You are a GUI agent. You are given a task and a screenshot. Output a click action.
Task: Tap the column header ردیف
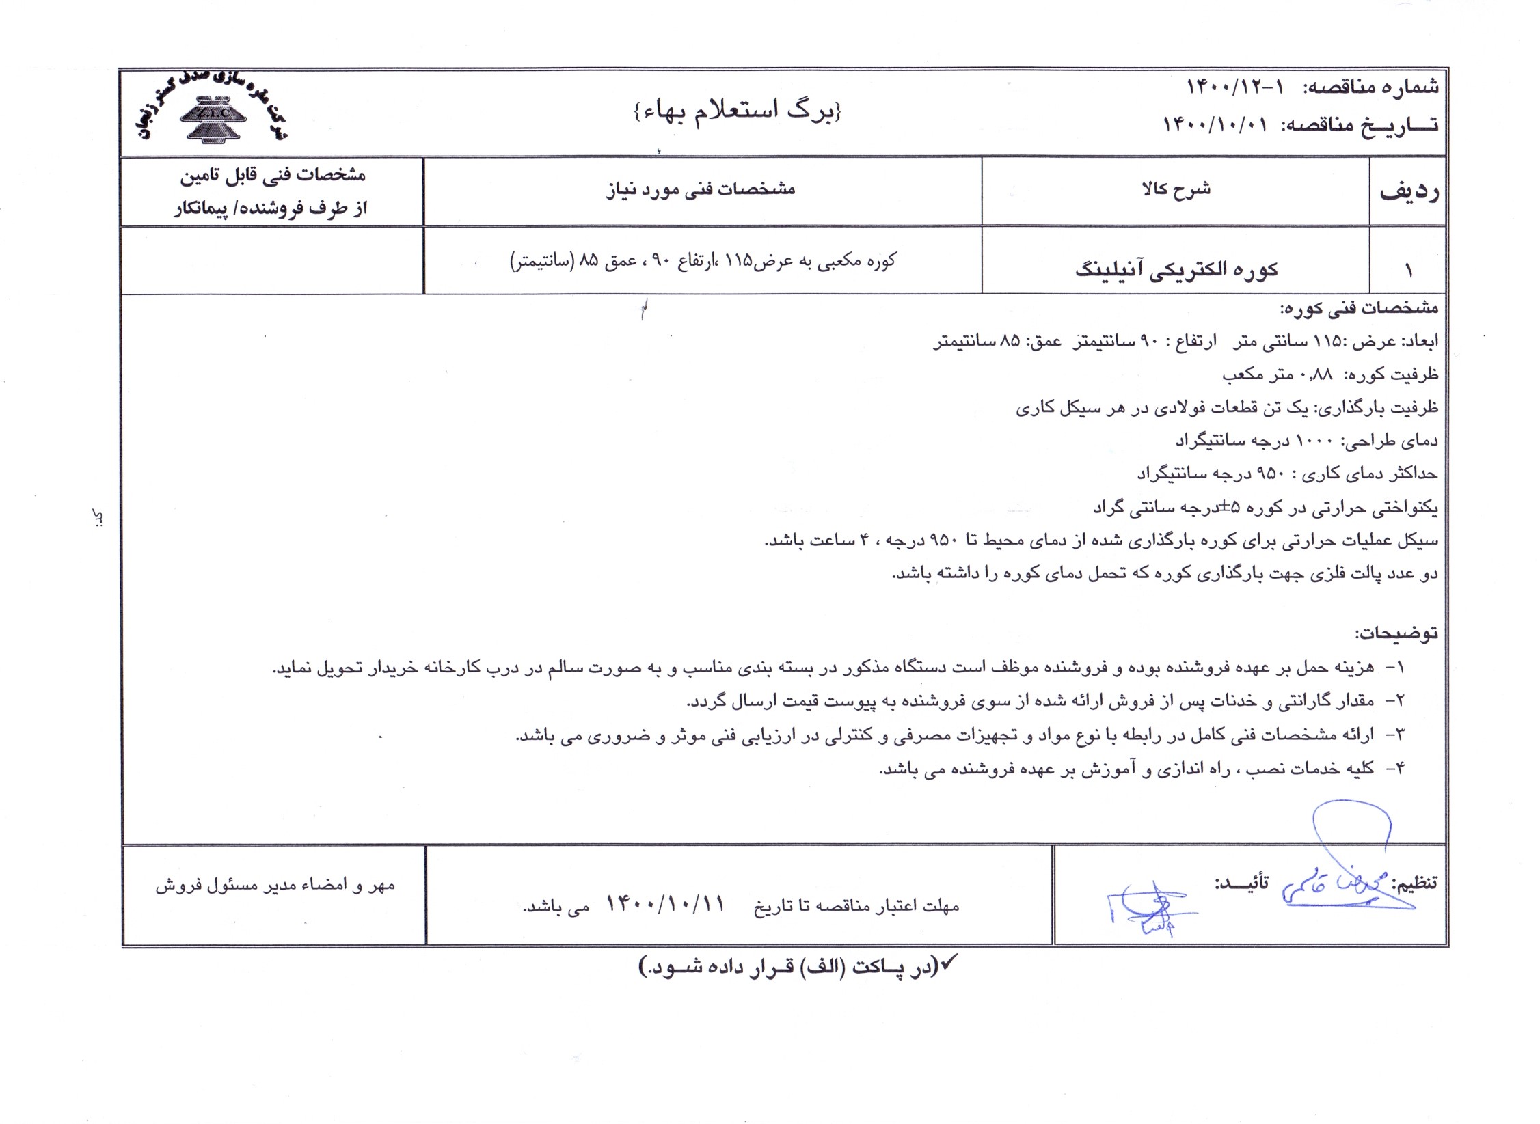pyautogui.click(x=1408, y=191)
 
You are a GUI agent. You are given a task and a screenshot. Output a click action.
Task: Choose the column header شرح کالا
pyautogui.click(x=1176, y=189)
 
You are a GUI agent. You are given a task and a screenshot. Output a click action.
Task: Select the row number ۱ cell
pyautogui.click(x=1408, y=271)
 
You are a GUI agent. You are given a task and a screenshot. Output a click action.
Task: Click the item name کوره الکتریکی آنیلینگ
pyautogui.click(x=1176, y=269)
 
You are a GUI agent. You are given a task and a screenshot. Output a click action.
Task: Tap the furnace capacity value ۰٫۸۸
pyautogui.click(x=1313, y=374)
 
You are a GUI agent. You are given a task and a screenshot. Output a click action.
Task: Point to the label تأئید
pyautogui.click(x=1241, y=882)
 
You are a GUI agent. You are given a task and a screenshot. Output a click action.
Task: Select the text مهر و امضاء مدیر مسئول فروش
pyautogui.click(x=275, y=885)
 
